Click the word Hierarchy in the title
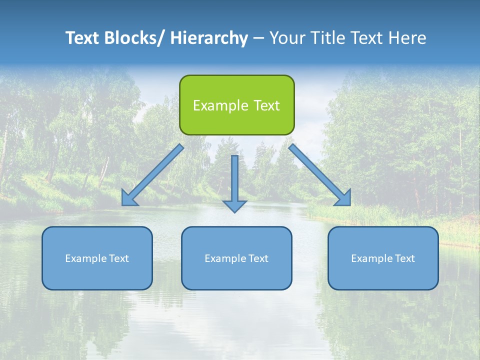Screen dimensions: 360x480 pos(209,38)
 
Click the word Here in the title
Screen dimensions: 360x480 pos(407,38)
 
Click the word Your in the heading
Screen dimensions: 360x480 pos(287,38)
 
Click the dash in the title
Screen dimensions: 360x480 pos(258,38)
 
